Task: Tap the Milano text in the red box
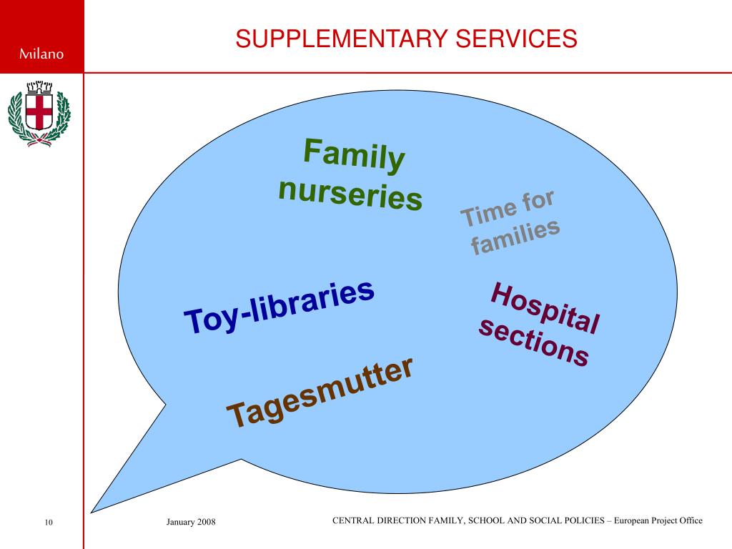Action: point(41,54)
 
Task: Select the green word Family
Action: point(354,154)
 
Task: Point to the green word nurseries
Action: point(350,194)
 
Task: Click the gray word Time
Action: point(488,212)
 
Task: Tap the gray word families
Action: point(515,237)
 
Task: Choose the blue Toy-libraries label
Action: point(280,307)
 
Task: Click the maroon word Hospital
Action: point(545,308)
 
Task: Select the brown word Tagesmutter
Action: point(320,393)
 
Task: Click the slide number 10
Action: point(49,523)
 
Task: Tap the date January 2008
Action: point(191,523)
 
